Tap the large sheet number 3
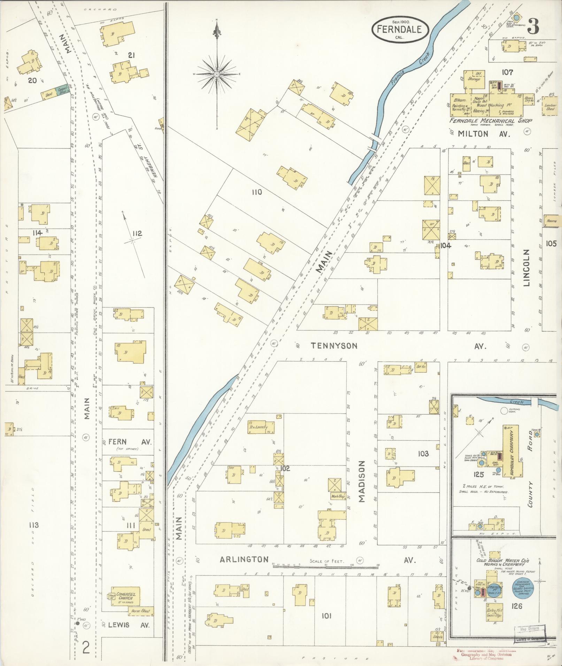(533, 26)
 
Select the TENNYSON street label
(334, 345)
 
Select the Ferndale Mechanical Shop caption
(491, 120)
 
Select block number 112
(137, 233)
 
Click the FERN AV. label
(130, 442)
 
